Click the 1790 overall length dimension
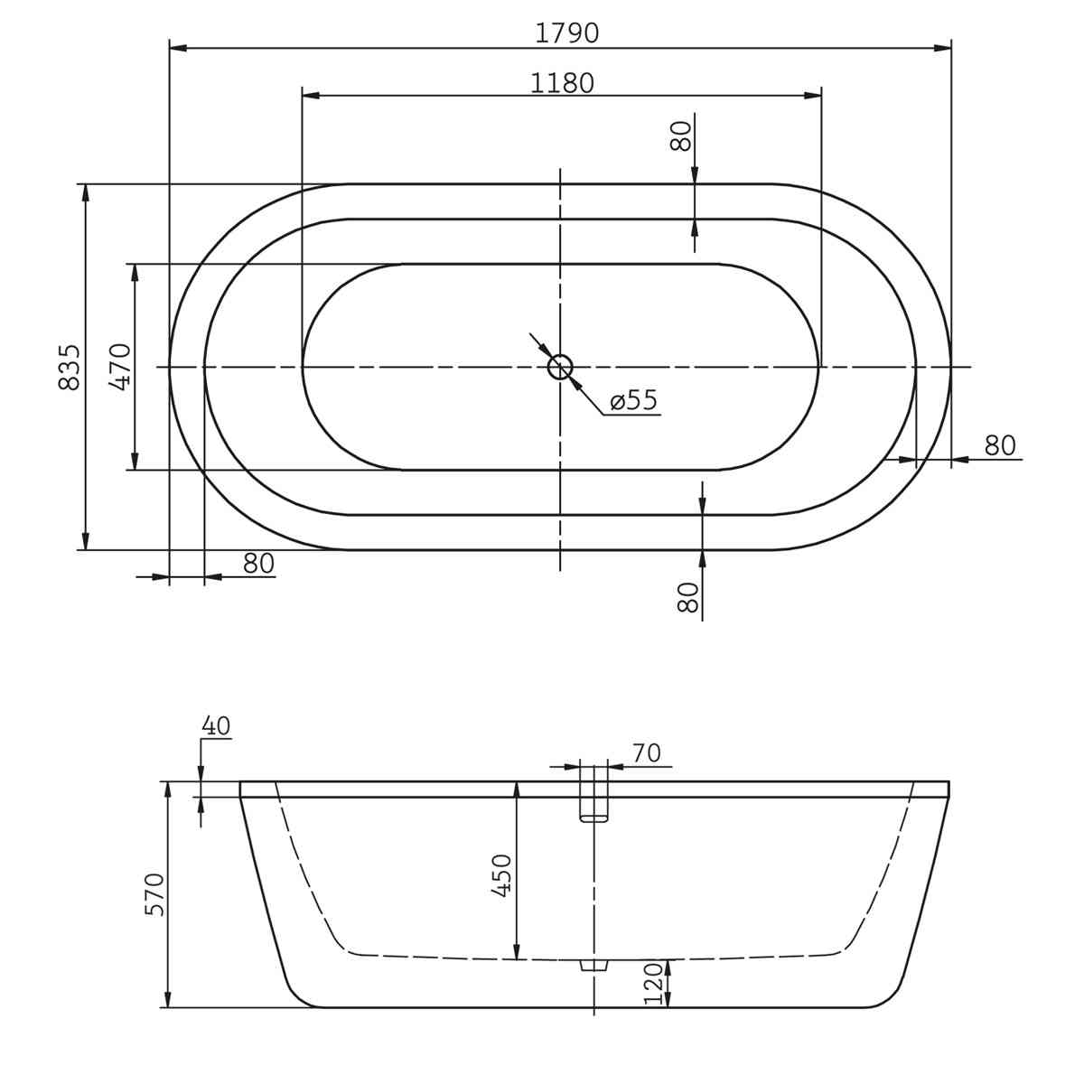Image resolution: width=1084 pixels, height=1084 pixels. point(566,33)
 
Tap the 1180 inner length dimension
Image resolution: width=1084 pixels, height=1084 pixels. point(562,83)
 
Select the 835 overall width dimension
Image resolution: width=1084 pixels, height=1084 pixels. point(70,368)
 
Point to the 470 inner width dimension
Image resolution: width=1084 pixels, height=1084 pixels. point(120,367)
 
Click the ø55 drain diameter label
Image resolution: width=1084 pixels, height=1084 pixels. point(634,400)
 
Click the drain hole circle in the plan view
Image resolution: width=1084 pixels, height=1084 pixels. point(560,368)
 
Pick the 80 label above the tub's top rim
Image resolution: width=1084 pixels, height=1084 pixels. point(681,136)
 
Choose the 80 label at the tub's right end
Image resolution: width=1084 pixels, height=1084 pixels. point(1000,445)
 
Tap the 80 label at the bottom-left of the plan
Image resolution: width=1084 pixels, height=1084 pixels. point(258,563)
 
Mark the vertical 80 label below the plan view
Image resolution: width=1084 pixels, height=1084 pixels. point(688,597)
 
